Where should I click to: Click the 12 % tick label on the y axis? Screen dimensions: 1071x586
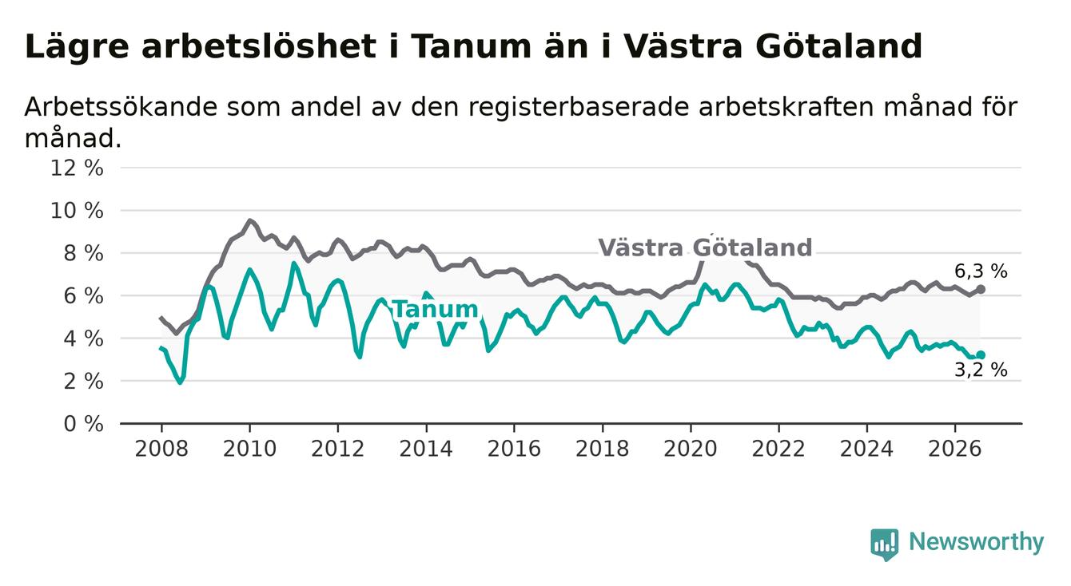(x=77, y=168)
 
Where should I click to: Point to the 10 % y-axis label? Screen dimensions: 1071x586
(x=77, y=211)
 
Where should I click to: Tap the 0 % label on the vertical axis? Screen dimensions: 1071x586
(x=84, y=424)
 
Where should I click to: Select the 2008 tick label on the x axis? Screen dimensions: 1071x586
(x=161, y=449)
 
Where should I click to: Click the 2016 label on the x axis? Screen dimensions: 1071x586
(x=514, y=449)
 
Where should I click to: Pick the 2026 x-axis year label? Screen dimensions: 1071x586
(x=955, y=449)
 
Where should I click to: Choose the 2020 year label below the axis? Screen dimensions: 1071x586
(x=691, y=449)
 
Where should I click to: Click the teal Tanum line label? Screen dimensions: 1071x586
(x=436, y=310)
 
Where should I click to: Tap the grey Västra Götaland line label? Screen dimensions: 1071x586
(x=705, y=247)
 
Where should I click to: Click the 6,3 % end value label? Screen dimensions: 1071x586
(x=981, y=271)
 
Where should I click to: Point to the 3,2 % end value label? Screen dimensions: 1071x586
(x=981, y=370)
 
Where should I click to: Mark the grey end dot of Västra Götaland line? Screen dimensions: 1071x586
(x=981, y=290)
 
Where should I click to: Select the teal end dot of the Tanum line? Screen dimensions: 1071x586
(x=981, y=354)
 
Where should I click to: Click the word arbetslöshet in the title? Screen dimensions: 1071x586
(x=259, y=47)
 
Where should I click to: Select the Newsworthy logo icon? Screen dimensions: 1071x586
(x=885, y=544)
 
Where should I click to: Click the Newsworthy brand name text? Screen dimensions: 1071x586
(x=977, y=542)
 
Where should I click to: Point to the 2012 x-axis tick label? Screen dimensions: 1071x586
(x=337, y=449)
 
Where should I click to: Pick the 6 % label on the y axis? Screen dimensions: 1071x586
(x=84, y=296)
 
